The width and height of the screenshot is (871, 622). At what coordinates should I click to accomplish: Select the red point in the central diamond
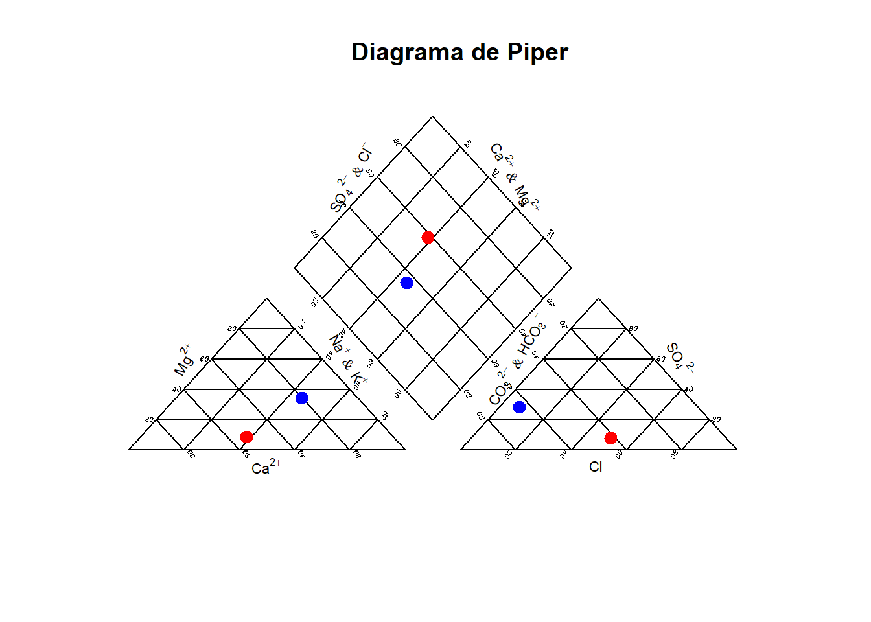(428, 237)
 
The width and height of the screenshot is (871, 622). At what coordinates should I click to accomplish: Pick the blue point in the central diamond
(406, 282)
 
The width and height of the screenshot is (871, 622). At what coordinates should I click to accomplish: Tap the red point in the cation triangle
(246, 437)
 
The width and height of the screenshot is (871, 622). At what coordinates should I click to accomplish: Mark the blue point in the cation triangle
(301, 398)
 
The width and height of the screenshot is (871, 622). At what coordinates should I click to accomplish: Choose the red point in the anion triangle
(610, 438)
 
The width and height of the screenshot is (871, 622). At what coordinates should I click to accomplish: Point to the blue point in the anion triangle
(519, 407)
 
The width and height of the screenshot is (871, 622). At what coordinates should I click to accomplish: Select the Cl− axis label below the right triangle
(598, 466)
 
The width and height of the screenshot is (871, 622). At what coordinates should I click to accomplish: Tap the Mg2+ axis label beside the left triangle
(183, 360)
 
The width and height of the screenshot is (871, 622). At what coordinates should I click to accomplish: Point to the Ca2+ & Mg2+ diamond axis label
(515, 176)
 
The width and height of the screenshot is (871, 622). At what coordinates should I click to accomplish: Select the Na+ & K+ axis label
(348, 362)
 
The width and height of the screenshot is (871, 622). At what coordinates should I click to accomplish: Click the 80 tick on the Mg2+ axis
(231, 328)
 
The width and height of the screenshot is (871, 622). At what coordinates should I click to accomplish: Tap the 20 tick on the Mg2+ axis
(149, 419)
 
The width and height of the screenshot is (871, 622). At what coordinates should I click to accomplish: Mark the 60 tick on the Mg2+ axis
(204, 359)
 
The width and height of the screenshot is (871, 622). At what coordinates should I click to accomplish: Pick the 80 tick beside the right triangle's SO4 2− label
(633, 328)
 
